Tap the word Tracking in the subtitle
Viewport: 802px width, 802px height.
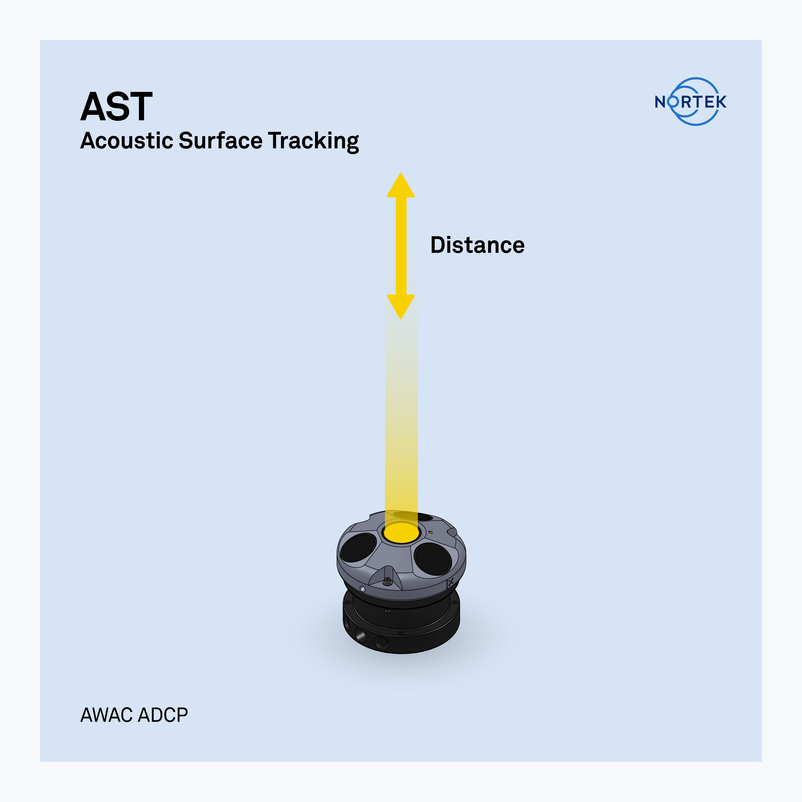(x=313, y=142)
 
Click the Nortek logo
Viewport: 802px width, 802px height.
(x=691, y=102)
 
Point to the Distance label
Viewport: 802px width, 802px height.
(x=477, y=245)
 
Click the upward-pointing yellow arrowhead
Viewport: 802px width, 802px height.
(x=401, y=185)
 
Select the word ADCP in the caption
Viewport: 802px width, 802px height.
(x=163, y=715)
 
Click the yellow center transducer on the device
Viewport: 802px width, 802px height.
(x=401, y=533)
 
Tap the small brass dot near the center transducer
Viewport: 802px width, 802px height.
(x=431, y=532)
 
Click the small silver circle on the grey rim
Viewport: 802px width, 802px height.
(x=362, y=589)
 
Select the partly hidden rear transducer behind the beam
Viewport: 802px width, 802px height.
(x=413, y=516)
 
